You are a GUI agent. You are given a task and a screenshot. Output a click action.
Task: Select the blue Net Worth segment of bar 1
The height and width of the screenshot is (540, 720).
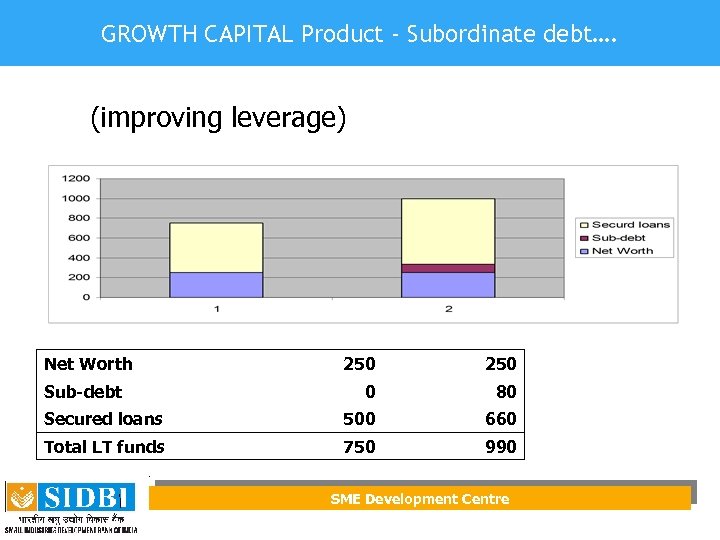point(216,284)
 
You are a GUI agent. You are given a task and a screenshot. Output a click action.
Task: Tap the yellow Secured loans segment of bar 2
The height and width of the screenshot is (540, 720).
point(448,231)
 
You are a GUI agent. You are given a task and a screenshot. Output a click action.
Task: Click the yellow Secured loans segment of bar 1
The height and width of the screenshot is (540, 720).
point(216,247)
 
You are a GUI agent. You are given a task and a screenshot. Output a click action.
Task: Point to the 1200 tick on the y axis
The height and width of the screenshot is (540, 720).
point(77,179)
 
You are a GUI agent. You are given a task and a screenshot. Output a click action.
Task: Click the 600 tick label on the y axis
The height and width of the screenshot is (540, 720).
point(79,238)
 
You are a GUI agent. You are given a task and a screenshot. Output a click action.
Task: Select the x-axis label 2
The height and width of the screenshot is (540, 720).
point(448,309)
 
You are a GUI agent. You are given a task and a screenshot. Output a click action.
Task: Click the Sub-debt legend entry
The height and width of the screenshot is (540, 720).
point(617,238)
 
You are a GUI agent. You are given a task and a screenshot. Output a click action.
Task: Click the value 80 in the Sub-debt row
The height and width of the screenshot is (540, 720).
point(506,392)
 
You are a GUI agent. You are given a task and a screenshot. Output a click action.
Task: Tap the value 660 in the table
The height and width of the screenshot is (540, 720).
point(500,419)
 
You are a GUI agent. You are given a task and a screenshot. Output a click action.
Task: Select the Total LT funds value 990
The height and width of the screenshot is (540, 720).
point(500,447)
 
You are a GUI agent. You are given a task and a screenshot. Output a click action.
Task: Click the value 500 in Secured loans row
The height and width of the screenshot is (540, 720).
point(359,419)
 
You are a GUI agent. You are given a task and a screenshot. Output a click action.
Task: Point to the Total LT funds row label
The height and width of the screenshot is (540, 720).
point(104,447)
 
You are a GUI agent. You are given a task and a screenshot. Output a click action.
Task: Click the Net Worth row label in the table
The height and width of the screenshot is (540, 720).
point(88,364)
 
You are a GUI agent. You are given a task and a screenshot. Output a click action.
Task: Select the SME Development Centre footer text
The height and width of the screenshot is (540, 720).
point(420,499)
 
